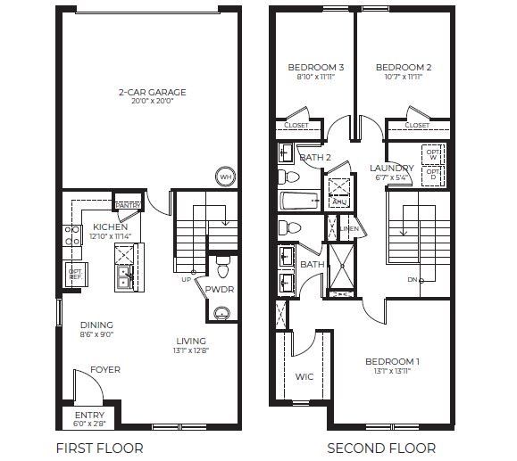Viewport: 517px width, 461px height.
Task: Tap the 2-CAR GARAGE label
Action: point(149,92)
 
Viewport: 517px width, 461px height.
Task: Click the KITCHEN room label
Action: point(111,226)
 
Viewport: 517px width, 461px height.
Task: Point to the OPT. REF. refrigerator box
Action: point(75,275)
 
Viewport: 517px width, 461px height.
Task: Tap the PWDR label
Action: point(220,290)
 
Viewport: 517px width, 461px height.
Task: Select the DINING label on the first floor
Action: point(96,325)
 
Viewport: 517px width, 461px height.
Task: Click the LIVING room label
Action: point(191,341)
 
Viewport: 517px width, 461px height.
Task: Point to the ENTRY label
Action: point(90,415)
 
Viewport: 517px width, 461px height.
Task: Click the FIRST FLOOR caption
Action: point(99,448)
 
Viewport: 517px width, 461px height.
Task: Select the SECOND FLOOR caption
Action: point(381,448)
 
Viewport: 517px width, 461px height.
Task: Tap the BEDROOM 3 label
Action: point(316,68)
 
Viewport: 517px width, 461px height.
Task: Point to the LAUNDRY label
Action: point(392,168)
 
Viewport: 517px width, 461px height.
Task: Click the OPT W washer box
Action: point(433,153)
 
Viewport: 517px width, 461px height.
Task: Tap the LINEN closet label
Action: point(350,229)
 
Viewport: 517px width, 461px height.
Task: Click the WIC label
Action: point(304,376)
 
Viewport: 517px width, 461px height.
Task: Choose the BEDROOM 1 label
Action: point(392,361)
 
